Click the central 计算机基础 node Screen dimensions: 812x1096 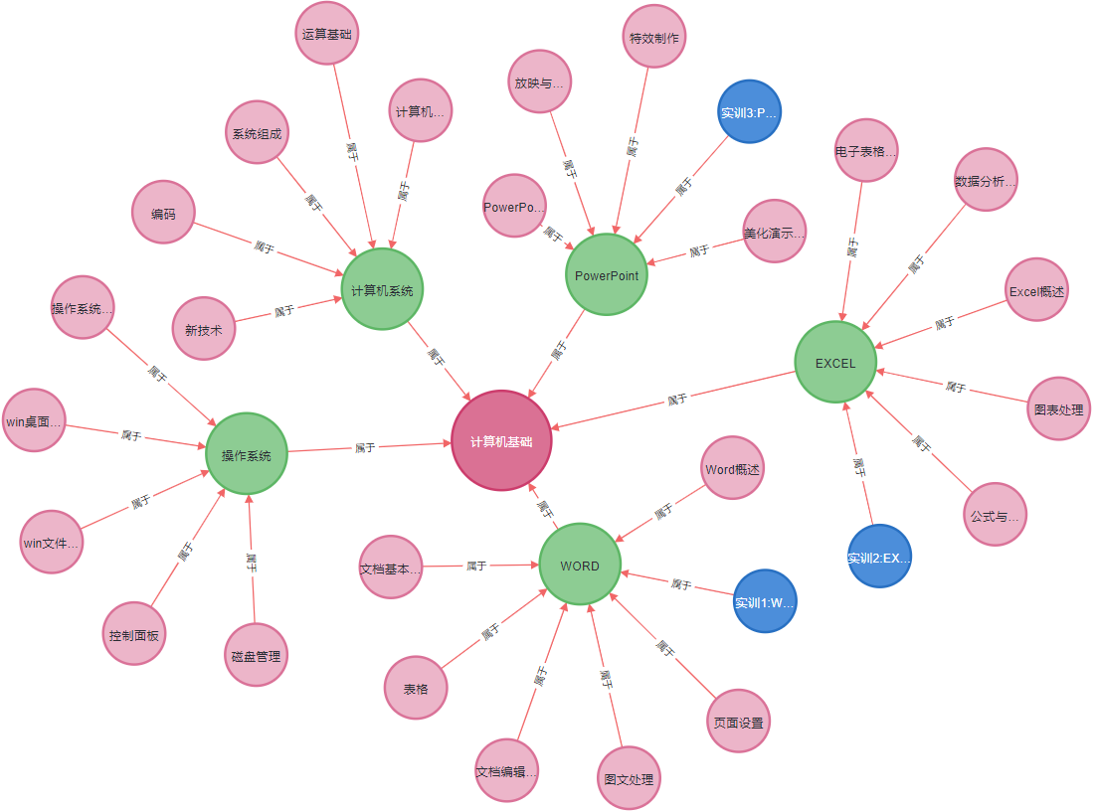501,440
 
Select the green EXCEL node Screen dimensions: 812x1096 835,363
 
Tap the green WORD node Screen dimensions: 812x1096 580,566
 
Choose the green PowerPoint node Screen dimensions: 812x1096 607,275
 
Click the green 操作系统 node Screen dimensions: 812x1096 246,455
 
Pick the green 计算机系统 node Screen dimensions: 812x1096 382,290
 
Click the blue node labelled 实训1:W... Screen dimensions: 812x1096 765,601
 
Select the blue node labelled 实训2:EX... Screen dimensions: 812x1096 879,557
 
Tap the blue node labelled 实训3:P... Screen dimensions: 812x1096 749,112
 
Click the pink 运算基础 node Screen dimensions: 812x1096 327,33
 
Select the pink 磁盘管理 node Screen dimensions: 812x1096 256,655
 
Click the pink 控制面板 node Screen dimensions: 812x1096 134,634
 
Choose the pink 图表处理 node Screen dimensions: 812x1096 1058,408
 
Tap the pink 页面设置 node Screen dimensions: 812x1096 738,723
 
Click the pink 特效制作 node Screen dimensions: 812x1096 653,38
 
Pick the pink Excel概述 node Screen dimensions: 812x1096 1036,291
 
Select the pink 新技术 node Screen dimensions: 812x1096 204,329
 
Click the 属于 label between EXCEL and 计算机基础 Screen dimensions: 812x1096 677,400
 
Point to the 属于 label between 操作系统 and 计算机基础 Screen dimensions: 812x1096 365,448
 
